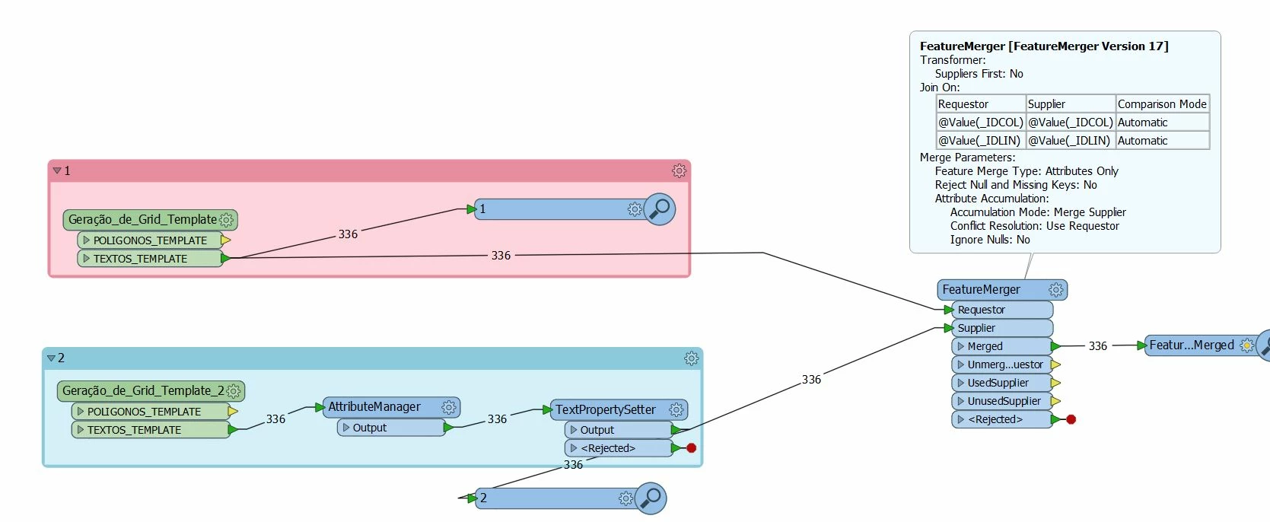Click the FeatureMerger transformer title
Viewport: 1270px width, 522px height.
pyautogui.click(x=981, y=289)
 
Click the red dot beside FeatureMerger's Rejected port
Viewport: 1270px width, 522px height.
pyautogui.click(x=1071, y=419)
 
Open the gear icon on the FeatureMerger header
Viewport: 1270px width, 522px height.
pyautogui.click(x=1055, y=289)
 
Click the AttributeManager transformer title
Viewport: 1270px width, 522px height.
pyautogui.click(x=374, y=407)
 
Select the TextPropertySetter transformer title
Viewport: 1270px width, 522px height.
pyautogui.click(x=605, y=409)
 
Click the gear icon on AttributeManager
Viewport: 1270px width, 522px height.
pyautogui.click(x=449, y=407)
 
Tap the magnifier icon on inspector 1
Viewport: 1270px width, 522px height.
pyautogui.click(x=660, y=208)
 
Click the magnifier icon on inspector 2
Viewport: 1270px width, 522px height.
pyautogui.click(x=651, y=498)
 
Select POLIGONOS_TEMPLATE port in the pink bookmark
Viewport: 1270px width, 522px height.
pyautogui.click(x=150, y=240)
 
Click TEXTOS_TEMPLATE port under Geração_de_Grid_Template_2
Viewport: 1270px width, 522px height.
pyautogui.click(x=134, y=430)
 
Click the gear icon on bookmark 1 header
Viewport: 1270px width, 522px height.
pyautogui.click(x=680, y=171)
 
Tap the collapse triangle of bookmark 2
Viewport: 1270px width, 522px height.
pyautogui.click(x=51, y=358)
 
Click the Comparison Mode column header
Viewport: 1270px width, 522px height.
pyautogui.click(x=1161, y=104)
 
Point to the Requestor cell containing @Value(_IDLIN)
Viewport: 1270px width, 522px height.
pyautogui.click(x=979, y=141)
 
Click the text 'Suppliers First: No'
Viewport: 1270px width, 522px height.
pyautogui.click(x=979, y=74)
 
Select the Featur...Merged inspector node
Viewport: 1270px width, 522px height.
pyautogui.click(x=1192, y=345)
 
